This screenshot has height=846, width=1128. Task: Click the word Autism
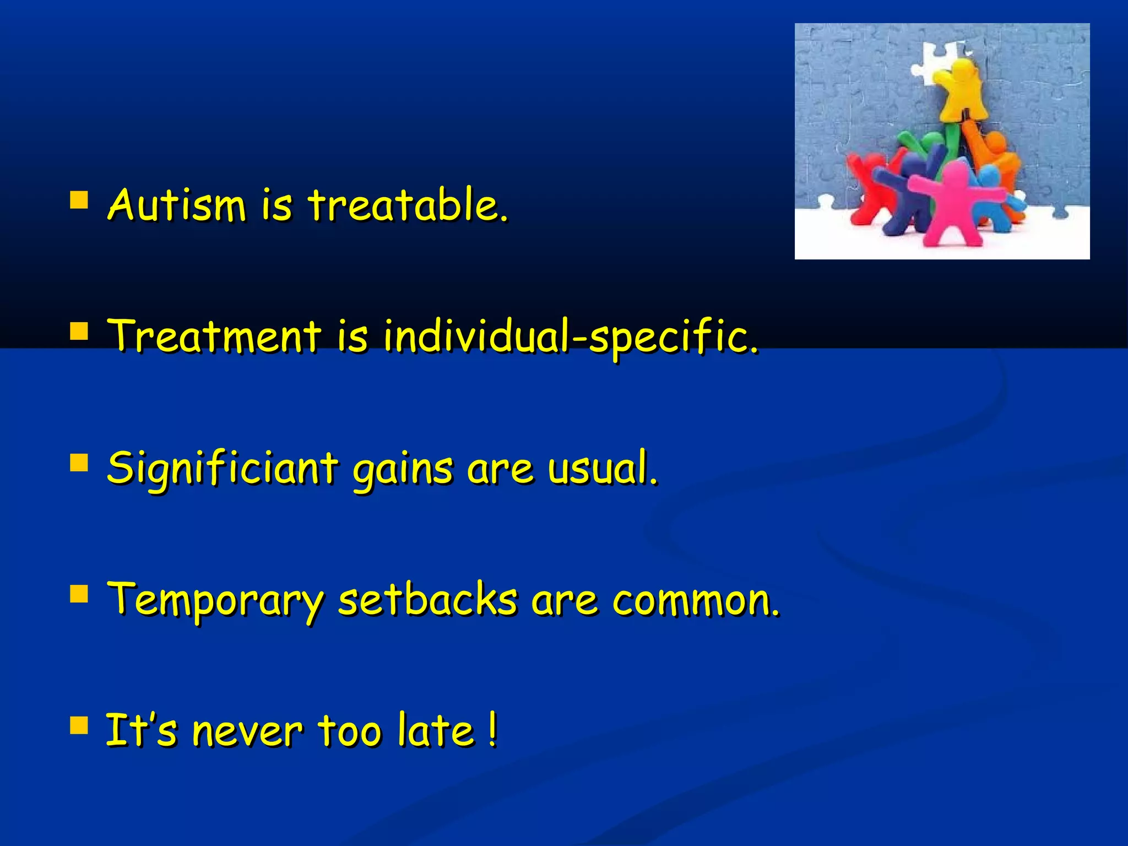point(176,205)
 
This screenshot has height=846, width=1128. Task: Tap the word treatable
point(408,205)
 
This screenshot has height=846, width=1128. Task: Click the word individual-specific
point(571,337)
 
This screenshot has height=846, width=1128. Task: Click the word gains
point(403,470)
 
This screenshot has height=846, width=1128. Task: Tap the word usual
point(603,468)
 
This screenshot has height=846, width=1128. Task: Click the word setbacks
point(427,599)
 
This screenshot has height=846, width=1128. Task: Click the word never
point(247,731)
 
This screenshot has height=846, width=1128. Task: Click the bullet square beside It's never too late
point(79,726)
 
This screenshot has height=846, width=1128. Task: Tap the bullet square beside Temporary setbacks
point(79,595)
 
